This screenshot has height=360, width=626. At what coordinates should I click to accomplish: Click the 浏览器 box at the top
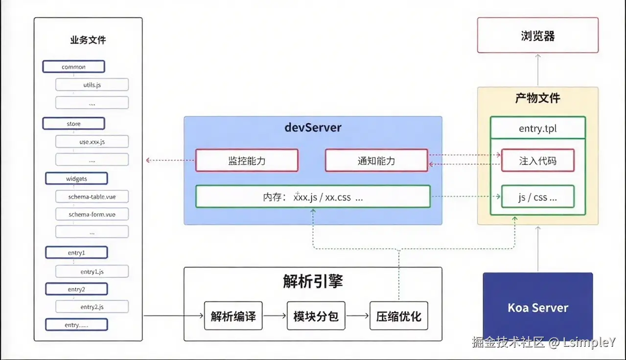tap(537, 35)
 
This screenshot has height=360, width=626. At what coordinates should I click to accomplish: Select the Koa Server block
tap(537, 307)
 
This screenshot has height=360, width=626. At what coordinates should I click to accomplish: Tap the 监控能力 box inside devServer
tap(247, 160)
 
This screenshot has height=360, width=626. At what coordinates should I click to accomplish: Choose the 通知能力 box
tap(376, 160)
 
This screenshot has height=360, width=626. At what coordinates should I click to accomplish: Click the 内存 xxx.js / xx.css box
tap(313, 197)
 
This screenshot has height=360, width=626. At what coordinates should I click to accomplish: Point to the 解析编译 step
tap(233, 315)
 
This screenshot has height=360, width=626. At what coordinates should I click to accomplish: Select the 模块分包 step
tap(316, 315)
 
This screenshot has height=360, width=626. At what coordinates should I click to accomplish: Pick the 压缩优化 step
tap(398, 315)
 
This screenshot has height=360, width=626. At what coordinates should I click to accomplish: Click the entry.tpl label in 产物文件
tap(537, 129)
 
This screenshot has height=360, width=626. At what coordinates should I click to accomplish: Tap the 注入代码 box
tap(537, 160)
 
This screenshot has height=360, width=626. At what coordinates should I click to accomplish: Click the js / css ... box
tap(537, 197)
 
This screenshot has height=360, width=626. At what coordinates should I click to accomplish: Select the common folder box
tap(74, 67)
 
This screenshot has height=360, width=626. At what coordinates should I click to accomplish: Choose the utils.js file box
tap(92, 85)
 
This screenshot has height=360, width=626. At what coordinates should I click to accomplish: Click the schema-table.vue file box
tap(92, 197)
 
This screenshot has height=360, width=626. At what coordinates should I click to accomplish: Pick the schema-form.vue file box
tap(92, 214)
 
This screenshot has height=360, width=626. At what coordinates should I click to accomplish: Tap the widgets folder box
tap(76, 179)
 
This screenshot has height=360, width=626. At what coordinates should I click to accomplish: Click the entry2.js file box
tap(92, 307)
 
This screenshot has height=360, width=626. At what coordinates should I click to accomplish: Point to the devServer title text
tap(313, 128)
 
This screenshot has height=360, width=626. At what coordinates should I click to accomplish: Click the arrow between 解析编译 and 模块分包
tap(275, 316)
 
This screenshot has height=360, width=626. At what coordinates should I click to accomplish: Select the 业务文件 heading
tap(88, 40)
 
